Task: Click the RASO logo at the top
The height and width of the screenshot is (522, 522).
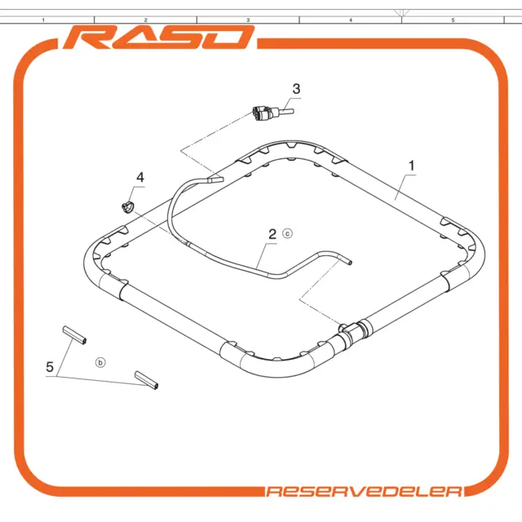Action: click(x=159, y=38)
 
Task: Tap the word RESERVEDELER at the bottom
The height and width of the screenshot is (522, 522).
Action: click(x=364, y=491)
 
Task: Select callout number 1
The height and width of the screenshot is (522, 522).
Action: click(x=411, y=166)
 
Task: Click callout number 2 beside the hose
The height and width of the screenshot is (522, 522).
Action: click(x=272, y=234)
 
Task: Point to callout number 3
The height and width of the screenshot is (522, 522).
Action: click(x=296, y=89)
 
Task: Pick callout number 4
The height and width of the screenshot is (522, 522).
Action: click(x=140, y=177)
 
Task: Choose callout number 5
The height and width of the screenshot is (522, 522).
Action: click(x=50, y=367)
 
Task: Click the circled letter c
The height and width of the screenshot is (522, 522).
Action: click(x=288, y=233)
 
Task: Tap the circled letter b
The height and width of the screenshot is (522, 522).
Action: click(x=100, y=362)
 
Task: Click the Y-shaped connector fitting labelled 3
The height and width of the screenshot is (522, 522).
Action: click(x=272, y=113)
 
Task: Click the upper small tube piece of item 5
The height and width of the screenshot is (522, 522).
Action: click(x=74, y=335)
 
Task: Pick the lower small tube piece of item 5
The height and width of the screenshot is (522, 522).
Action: click(x=147, y=380)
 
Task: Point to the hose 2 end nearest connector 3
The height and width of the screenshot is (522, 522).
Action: click(x=215, y=179)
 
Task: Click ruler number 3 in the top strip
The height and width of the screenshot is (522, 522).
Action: click(x=248, y=20)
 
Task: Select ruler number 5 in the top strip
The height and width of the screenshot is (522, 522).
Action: click(x=453, y=20)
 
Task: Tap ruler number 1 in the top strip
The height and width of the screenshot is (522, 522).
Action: click(x=43, y=20)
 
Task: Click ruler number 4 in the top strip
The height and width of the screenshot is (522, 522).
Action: click(x=351, y=20)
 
